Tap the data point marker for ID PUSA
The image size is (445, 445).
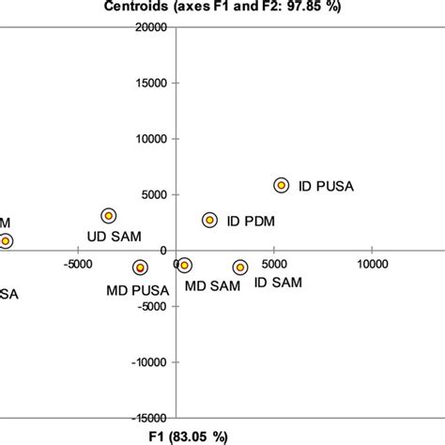[281, 186]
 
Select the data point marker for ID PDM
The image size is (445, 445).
[209, 220]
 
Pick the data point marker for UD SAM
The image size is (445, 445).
[109, 216]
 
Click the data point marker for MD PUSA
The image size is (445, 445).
[140, 268]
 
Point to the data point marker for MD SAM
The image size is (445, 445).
[184, 267]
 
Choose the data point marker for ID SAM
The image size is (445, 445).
[240, 268]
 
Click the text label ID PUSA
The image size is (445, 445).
[326, 186]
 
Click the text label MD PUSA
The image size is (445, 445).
[138, 289]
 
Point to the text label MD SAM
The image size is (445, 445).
[211, 284]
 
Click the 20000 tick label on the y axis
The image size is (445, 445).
[148, 27]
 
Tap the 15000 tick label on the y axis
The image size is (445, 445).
[148, 84]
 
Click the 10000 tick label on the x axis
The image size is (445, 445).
[372, 264]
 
